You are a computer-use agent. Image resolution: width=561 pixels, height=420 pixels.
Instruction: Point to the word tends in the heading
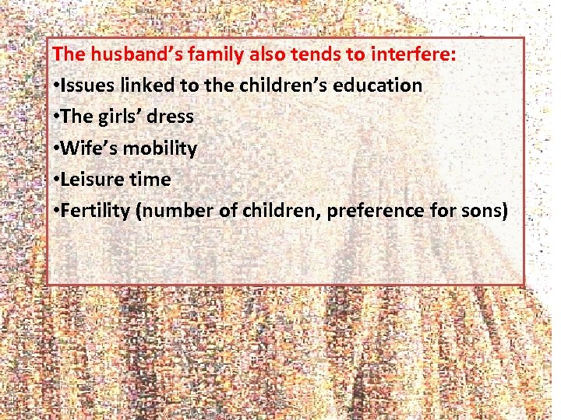click(x=312, y=54)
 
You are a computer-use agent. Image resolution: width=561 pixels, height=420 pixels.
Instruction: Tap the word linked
click(x=146, y=86)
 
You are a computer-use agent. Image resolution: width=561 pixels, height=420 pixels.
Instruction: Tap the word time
click(x=150, y=179)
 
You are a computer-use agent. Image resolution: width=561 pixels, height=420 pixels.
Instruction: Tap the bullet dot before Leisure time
click(x=57, y=180)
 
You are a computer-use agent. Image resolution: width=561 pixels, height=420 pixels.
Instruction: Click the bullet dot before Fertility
click(x=57, y=211)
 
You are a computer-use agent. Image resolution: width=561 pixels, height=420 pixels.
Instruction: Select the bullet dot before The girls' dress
click(x=57, y=117)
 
